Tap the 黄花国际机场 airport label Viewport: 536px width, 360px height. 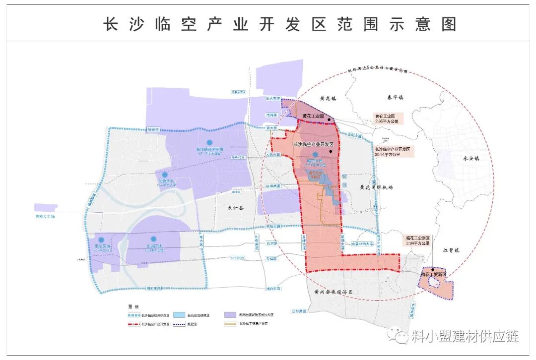click(376, 187)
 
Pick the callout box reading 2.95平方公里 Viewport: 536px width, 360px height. click(389, 119)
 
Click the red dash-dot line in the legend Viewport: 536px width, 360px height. click(133, 323)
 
